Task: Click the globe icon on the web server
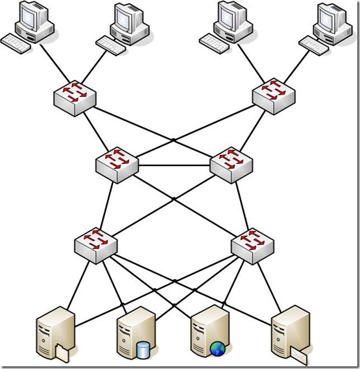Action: click(x=217, y=350)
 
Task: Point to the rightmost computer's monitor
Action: click(x=331, y=19)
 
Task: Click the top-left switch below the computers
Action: click(x=76, y=97)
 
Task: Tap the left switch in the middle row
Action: click(x=117, y=165)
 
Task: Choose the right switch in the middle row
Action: click(x=231, y=165)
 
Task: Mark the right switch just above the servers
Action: click(x=252, y=244)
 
